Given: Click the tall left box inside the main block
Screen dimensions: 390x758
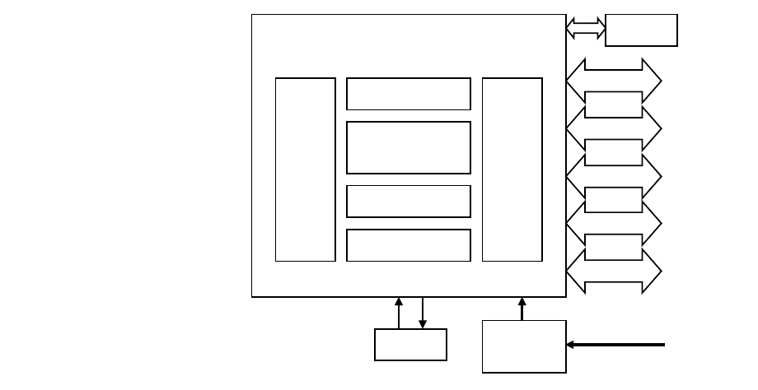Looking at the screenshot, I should click(305, 169).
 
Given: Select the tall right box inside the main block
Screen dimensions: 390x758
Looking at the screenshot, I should click(512, 169).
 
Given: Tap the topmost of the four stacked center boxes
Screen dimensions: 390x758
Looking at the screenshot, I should click(408, 94).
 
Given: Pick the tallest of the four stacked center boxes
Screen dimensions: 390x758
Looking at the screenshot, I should click(408, 148).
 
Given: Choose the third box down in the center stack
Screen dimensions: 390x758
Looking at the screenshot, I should click(408, 201).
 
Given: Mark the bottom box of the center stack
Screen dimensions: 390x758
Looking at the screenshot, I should click(408, 245).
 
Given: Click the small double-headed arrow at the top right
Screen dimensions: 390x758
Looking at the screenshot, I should click(585, 29).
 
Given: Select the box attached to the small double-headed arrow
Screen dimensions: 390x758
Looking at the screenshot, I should click(641, 30).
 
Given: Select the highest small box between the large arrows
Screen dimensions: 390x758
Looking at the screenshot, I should click(613, 104).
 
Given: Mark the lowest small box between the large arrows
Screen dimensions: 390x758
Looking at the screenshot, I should click(613, 248).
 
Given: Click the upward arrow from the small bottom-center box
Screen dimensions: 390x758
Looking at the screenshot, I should click(399, 313).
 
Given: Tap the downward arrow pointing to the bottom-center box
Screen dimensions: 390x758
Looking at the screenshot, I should click(423, 313).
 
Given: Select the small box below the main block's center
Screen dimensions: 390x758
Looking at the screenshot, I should click(410, 345).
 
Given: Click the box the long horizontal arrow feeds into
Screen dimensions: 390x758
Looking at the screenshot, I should click(524, 346).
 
